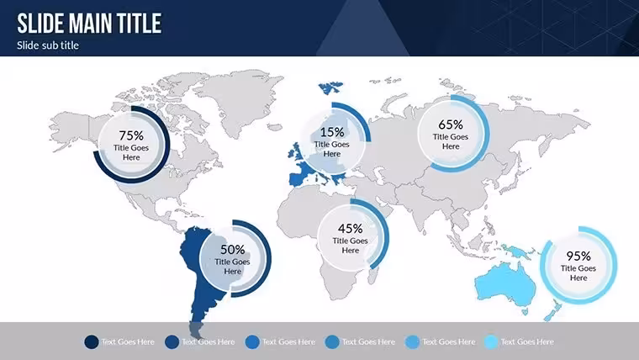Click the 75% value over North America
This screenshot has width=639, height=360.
(x=131, y=135)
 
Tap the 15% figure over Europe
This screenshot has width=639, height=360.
(x=332, y=132)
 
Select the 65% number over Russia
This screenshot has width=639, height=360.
(x=451, y=124)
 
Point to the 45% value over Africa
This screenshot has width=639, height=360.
(x=350, y=229)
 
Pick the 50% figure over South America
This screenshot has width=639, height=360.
(x=232, y=250)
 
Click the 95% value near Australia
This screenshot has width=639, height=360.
(x=578, y=256)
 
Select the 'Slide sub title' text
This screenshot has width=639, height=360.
(x=48, y=45)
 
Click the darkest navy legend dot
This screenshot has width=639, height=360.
(x=92, y=342)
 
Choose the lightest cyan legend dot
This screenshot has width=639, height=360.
(x=491, y=342)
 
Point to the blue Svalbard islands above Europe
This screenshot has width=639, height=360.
(x=330, y=87)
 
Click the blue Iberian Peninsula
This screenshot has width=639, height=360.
(x=297, y=179)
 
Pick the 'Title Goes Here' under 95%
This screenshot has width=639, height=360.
(x=578, y=273)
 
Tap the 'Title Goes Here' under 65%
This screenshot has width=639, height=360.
(x=451, y=141)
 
